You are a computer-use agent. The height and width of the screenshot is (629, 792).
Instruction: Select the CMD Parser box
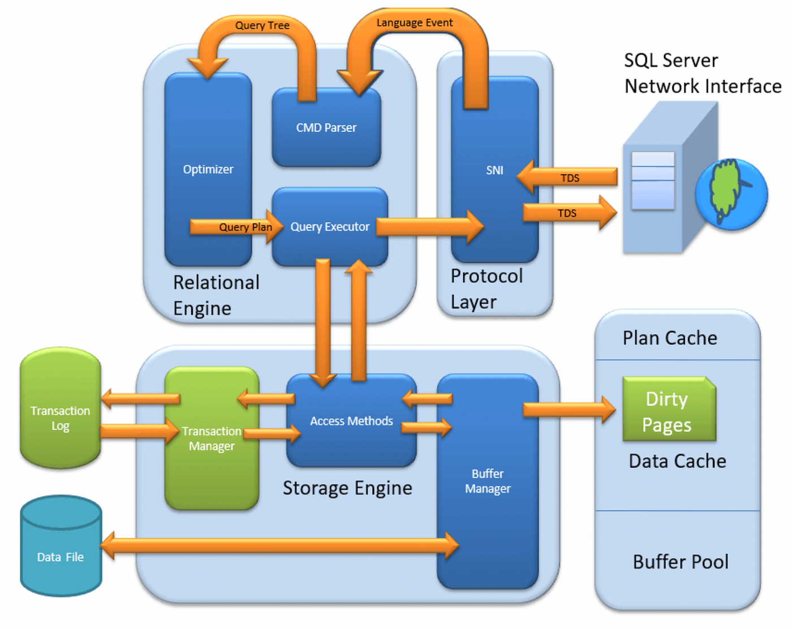pyautogui.click(x=326, y=128)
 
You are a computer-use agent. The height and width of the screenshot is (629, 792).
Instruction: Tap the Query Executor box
pyautogui.click(x=330, y=227)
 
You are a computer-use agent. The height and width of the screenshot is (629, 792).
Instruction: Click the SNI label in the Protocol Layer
pyautogui.click(x=494, y=170)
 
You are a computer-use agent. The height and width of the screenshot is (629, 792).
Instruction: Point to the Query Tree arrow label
pyautogui.click(x=262, y=25)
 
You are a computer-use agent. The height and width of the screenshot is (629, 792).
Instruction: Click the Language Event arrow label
pyautogui.click(x=415, y=23)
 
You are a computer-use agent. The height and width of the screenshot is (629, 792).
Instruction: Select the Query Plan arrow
pyautogui.click(x=238, y=227)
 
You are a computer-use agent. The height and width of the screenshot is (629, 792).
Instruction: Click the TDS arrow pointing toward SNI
pyautogui.click(x=569, y=178)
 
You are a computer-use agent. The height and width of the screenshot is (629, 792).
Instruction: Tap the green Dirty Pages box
pyautogui.click(x=668, y=411)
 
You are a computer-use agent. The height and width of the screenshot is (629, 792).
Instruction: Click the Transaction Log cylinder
pyautogui.click(x=61, y=408)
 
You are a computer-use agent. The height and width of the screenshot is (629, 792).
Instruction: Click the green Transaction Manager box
pyautogui.click(x=212, y=438)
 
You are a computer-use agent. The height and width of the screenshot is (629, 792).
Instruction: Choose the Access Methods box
pyautogui.click(x=351, y=421)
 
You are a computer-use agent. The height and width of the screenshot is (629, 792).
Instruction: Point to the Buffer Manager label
pyautogui.click(x=488, y=481)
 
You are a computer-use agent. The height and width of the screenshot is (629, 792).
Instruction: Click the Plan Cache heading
pyautogui.click(x=670, y=338)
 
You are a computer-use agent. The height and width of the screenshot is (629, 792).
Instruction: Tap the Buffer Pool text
pyautogui.click(x=681, y=562)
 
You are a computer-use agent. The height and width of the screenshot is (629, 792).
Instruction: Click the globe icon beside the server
pyautogui.click(x=731, y=194)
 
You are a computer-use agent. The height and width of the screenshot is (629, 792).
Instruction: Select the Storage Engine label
pyautogui.click(x=347, y=488)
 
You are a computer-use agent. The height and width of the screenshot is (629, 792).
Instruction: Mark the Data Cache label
pyautogui.click(x=677, y=462)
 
